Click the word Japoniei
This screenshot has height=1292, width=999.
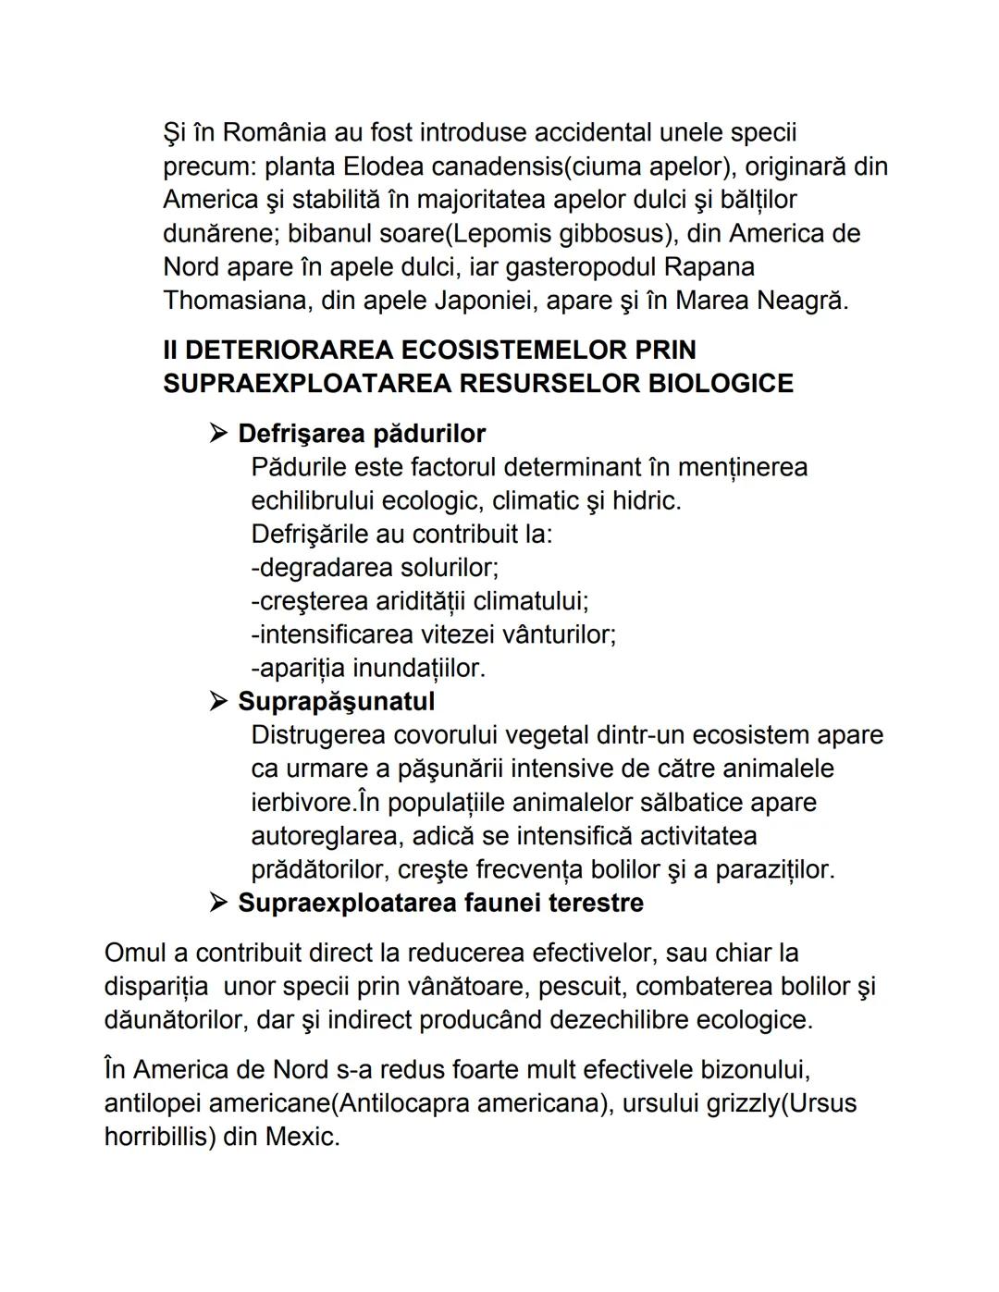click(x=532, y=301)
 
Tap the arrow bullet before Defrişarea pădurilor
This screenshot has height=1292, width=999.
click(x=218, y=433)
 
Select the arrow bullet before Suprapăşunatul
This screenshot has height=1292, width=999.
click(x=218, y=701)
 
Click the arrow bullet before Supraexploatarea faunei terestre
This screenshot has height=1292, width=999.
click(x=218, y=902)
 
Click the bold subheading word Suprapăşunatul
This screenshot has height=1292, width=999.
click(x=336, y=701)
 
